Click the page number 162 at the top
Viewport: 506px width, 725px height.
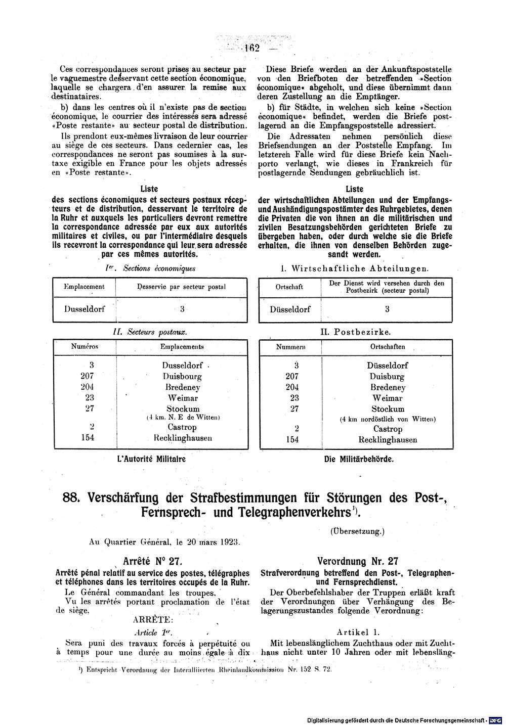coord(251,49)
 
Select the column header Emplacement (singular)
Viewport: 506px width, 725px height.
coord(84,287)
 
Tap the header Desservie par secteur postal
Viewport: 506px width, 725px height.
coord(182,287)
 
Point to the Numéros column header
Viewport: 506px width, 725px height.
coord(85,347)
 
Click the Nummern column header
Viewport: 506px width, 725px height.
coord(291,347)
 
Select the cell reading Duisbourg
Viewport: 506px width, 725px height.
coord(182,377)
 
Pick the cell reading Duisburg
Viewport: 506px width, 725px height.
coord(387,377)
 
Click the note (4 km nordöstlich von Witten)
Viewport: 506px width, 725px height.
coord(387,419)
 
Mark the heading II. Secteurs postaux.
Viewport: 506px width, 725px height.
coord(149,332)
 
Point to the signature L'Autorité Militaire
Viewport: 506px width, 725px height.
coord(151,459)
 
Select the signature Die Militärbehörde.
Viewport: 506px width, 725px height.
coord(359,460)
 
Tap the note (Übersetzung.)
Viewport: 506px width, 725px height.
coord(357,531)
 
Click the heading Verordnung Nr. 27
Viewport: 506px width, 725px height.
coord(357,561)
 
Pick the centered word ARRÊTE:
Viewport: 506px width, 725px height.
coord(153,619)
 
